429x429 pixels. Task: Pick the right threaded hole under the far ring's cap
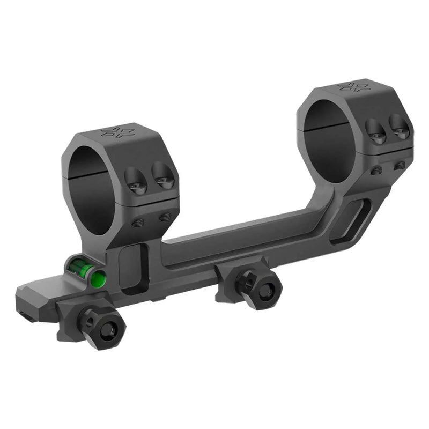point(399,166)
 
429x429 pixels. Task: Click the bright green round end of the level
point(98,278)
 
